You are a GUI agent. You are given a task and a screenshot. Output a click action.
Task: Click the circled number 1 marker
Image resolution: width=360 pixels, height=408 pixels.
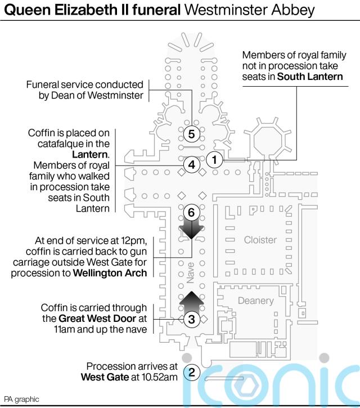[213, 160]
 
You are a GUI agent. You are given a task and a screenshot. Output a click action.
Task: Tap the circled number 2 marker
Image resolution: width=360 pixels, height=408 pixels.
[192, 371]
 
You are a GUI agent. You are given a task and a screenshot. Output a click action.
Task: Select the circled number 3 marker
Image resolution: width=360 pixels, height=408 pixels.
[191, 320]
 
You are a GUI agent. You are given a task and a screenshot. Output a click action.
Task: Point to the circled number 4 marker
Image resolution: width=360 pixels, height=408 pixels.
[191, 165]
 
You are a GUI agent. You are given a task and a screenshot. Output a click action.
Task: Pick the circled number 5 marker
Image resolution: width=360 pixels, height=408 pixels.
[191, 134]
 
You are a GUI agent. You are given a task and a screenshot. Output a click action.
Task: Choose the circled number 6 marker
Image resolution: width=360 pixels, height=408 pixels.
[191, 213]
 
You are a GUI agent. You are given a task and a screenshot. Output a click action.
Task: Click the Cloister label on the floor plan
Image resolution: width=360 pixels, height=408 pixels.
[260, 240]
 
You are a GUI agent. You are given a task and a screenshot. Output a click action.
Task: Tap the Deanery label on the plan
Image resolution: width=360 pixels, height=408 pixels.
[255, 301]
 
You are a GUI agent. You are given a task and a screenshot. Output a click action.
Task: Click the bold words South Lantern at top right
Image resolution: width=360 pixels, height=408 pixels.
[310, 76]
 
